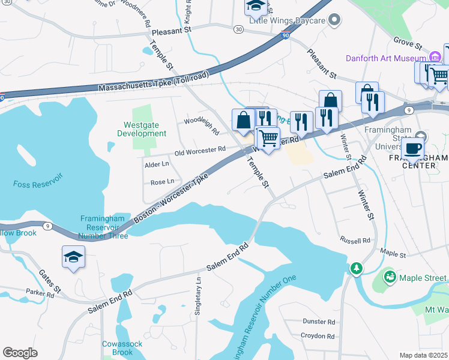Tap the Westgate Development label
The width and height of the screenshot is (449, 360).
(142, 129)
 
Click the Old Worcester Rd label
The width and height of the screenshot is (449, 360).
(200, 149)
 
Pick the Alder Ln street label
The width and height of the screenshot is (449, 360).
(157, 164)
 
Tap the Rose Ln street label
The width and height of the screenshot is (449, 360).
(162, 182)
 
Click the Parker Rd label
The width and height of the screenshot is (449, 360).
(40, 292)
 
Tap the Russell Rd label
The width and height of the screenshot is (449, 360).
(355, 241)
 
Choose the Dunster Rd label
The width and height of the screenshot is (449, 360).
(319, 322)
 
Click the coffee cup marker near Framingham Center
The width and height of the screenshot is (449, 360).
(412, 148)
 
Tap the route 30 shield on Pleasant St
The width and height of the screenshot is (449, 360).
(239, 29)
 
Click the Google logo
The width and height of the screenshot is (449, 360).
(20, 353)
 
